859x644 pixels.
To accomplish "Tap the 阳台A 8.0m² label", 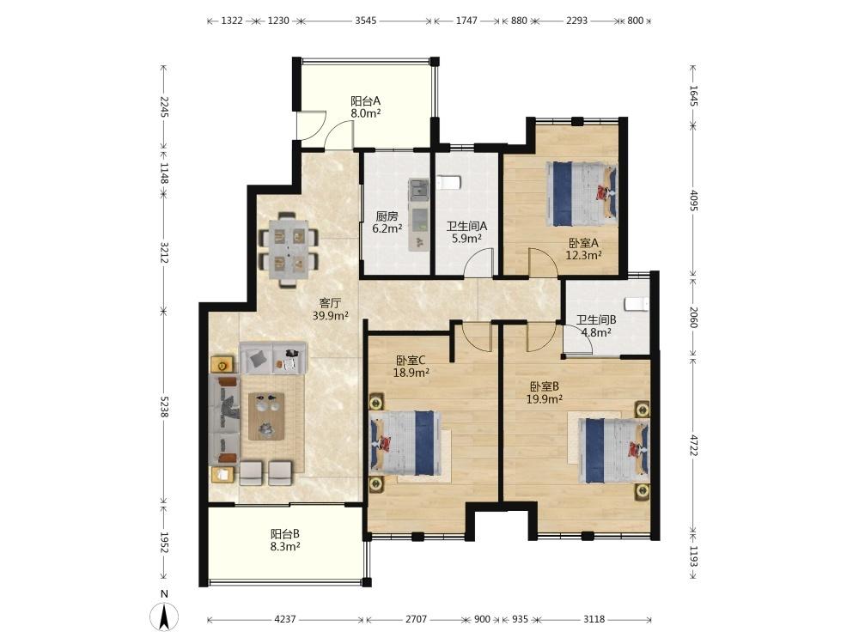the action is (x=365, y=107).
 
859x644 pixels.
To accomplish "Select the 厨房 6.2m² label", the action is (x=387, y=222).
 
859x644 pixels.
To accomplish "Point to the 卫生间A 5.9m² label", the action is (x=466, y=232).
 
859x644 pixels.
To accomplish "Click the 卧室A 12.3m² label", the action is (x=584, y=248).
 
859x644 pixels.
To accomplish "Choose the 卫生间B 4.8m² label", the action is (x=596, y=325).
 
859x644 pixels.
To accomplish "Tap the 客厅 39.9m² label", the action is (x=331, y=309).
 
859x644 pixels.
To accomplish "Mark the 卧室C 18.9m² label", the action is (x=411, y=367).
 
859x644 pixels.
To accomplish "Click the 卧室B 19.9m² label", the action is (x=544, y=392).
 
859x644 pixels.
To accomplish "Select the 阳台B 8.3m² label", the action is (x=285, y=539).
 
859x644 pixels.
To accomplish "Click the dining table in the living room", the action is (x=289, y=250).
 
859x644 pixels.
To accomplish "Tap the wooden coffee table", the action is (x=267, y=416).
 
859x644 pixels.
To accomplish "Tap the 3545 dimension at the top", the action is (x=365, y=21).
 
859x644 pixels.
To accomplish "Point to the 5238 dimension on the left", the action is (x=164, y=406).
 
